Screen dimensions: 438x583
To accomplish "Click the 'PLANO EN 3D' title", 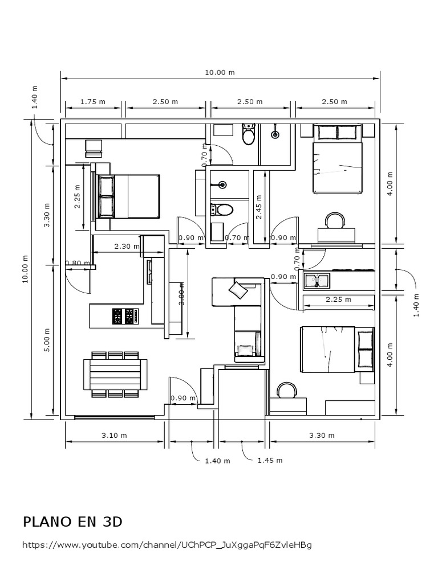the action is pyautogui.click(x=72, y=522).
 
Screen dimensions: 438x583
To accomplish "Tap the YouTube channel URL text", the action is pyautogui.click(x=167, y=545).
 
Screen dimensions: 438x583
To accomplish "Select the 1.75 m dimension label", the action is pyautogui.click(x=93, y=101).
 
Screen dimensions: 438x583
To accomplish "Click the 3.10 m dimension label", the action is pyautogui.click(x=114, y=436).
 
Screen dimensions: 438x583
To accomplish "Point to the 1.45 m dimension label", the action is pyautogui.click(x=270, y=460).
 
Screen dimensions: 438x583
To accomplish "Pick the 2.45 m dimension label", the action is pyautogui.click(x=259, y=207).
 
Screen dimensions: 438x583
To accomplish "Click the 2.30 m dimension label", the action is pyautogui.click(x=127, y=246).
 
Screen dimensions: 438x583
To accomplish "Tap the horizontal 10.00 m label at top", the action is pyautogui.click(x=220, y=72).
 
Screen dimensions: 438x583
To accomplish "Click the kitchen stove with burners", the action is pyautogui.click(x=125, y=317).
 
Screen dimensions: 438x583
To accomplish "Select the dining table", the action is pyautogui.click(x=115, y=374).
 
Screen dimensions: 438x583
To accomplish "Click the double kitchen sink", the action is pyautogui.click(x=317, y=281).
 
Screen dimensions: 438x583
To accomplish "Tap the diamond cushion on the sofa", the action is pyautogui.click(x=238, y=290).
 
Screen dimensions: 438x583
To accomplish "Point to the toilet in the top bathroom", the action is pyautogui.click(x=248, y=134).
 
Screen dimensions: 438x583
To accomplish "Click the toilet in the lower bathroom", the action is pyautogui.click(x=221, y=210).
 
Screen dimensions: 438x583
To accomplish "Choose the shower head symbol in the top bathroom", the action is pyautogui.click(x=275, y=134).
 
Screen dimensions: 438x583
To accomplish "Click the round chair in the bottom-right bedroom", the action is pyautogui.click(x=287, y=390).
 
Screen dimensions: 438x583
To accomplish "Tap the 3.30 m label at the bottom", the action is pyautogui.click(x=322, y=436).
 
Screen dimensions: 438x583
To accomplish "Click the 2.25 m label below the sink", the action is pyautogui.click(x=339, y=299).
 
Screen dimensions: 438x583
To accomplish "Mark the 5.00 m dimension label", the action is pyautogui.click(x=47, y=340).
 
